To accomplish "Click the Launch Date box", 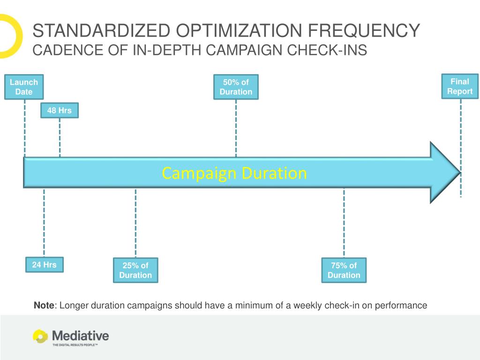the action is coord(24,87).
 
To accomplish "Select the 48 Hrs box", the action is coord(60,111).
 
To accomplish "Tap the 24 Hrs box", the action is coord(44,265).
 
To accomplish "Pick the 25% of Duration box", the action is coord(135,270).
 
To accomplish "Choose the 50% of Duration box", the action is coord(236,87).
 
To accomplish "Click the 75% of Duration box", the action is coord(344,270).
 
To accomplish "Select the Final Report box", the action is coord(460,86).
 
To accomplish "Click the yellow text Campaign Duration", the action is coord(234,173).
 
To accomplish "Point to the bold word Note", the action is coord(44,306).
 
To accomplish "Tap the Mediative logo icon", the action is coord(40,336).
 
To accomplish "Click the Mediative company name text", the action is coord(80,335).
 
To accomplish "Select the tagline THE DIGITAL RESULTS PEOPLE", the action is coord(75,345).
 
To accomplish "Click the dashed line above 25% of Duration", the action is coord(135,223).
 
